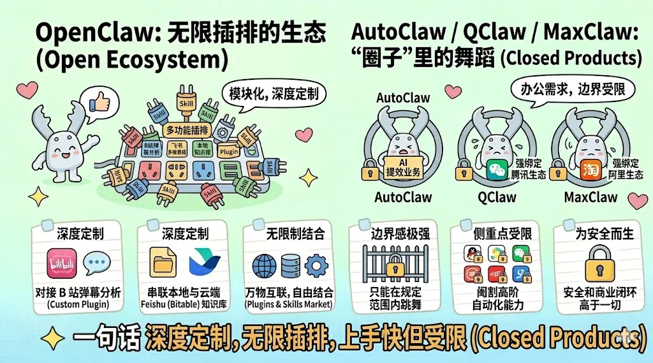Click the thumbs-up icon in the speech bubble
click(99, 103)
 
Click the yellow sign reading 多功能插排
click(186, 130)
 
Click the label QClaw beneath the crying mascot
click(497, 196)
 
